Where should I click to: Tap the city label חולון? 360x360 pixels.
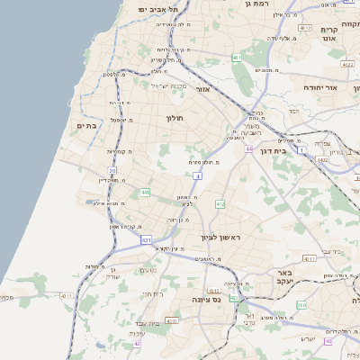pyautogui.click(x=174, y=118)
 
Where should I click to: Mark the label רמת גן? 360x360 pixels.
pyautogui.click(x=257, y=5)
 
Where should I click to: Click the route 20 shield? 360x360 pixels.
pyautogui.click(x=112, y=169)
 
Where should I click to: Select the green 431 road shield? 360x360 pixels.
pyautogui.click(x=146, y=240)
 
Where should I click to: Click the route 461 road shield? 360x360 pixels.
pyautogui.click(x=237, y=58)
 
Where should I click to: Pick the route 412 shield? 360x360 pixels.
pyautogui.click(x=220, y=204)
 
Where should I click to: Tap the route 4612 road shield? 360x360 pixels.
pyautogui.click(x=305, y=29)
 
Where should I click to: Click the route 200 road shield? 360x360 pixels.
pyautogui.click(x=301, y=305)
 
